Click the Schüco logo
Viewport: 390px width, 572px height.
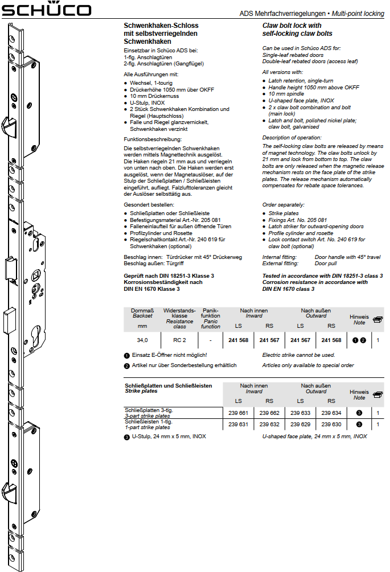click(x=46, y=10)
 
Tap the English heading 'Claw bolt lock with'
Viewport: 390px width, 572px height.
click(x=292, y=26)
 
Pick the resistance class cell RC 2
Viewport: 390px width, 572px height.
click(x=179, y=340)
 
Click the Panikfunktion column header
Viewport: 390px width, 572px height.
click(x=210, y=318)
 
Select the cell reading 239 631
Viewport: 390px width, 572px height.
click(x=239, y=424)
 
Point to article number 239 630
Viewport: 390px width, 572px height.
click(x=331, y=424)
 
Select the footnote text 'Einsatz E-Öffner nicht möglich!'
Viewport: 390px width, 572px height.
click(x=169, y=355)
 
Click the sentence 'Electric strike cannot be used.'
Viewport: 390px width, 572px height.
click(x=298, y=355)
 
